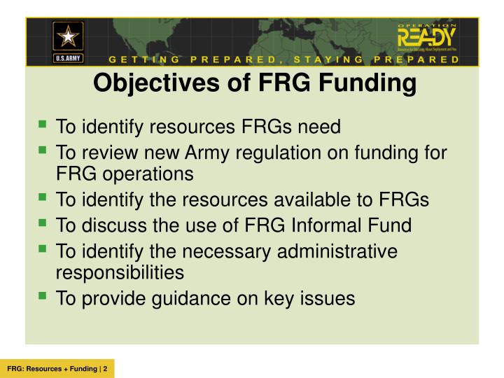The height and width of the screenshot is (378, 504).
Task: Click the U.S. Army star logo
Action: pos(68,40)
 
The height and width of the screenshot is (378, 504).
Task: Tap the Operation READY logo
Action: pos(426,39)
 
